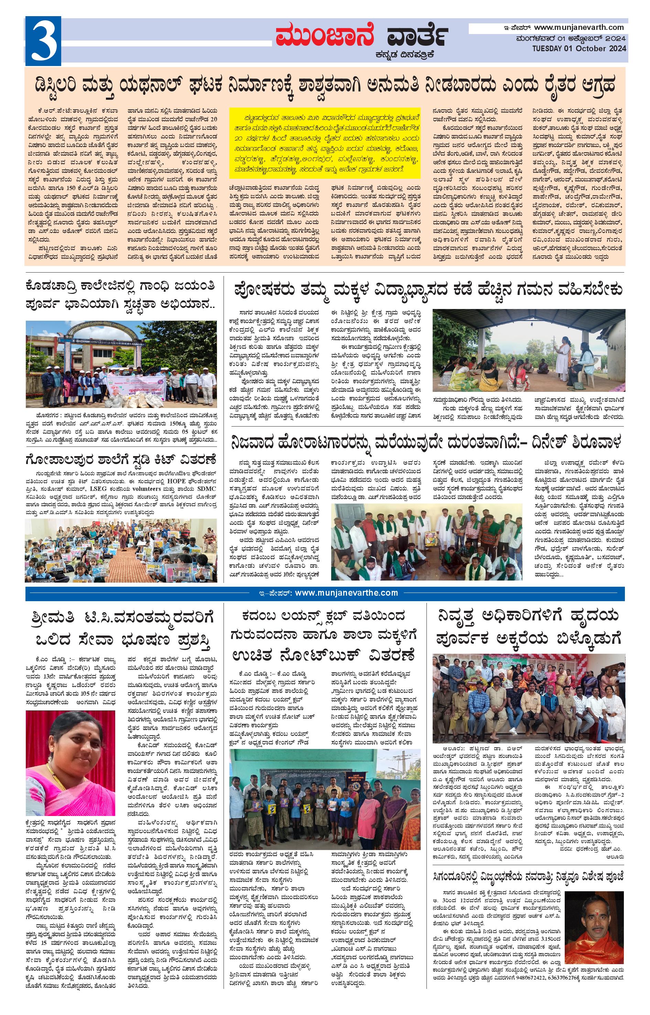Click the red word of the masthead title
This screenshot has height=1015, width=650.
(x=325, y=35)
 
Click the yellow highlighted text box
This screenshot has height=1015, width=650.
(x=325, y=143)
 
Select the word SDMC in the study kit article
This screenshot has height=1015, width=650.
(x=207, y=488)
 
